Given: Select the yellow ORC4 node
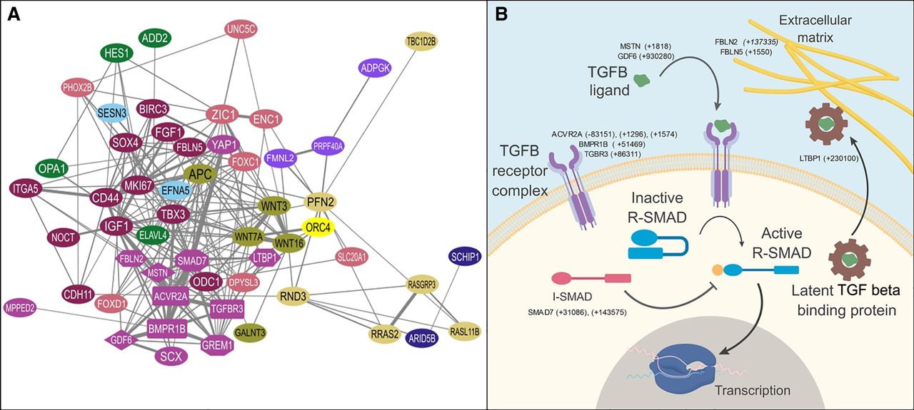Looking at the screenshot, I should [317, 227].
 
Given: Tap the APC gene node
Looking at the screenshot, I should [201, 173].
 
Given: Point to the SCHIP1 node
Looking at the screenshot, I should [465, 257].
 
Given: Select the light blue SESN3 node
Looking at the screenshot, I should [113, 113].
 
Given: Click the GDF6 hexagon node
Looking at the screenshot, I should [121, 341].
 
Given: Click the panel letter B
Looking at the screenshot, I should [501, 14].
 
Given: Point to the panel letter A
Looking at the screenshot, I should [14, 14].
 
